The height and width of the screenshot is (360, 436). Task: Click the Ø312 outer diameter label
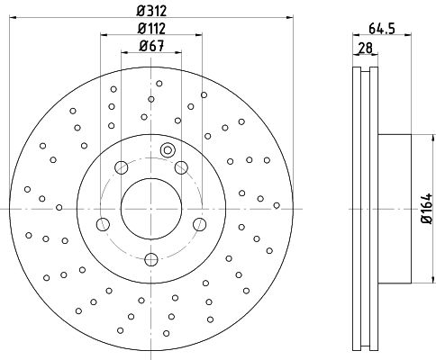click(x=151, y=12)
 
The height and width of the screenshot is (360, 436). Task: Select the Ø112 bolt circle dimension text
click(x=151, y=29)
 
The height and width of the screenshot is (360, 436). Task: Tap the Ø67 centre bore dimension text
click(x=152, y=46)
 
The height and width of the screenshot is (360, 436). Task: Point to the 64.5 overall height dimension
click(x=381, y=29)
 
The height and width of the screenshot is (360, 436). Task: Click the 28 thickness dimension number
click(x=365, y=48)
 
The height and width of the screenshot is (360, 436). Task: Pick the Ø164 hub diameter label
click(x=426, y=209)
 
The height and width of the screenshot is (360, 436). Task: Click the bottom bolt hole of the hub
click(x=151, y=259)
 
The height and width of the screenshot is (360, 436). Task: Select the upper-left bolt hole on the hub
click(x=122, y=167)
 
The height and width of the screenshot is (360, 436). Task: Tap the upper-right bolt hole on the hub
click(x=181, y=167)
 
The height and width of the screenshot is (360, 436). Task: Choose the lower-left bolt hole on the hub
click(x=103, y=224)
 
